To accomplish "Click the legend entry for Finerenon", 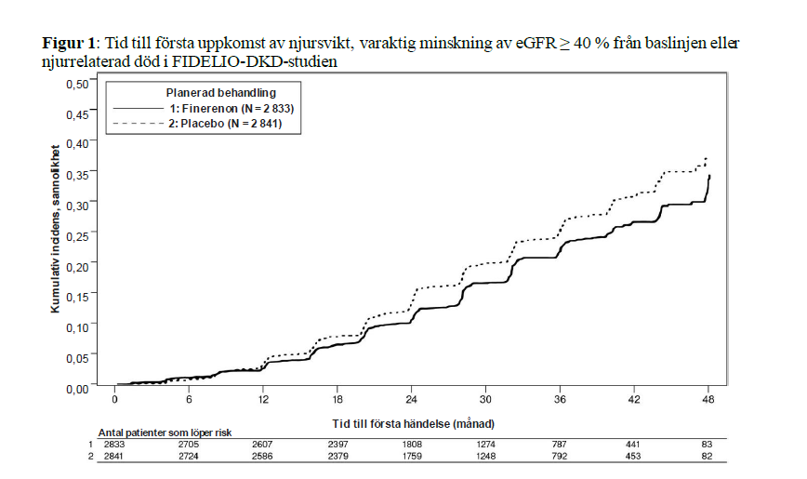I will click(x=213, y=109).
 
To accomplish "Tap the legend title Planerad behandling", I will click(x=219, y=93).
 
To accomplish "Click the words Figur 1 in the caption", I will click(x=70, y=44).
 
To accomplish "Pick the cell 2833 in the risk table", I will click(x=115, y=446).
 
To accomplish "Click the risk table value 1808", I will click(x=412, y=446).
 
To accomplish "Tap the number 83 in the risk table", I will click(x=708, y=446).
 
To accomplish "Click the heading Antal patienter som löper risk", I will click(x=165, y=433).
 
